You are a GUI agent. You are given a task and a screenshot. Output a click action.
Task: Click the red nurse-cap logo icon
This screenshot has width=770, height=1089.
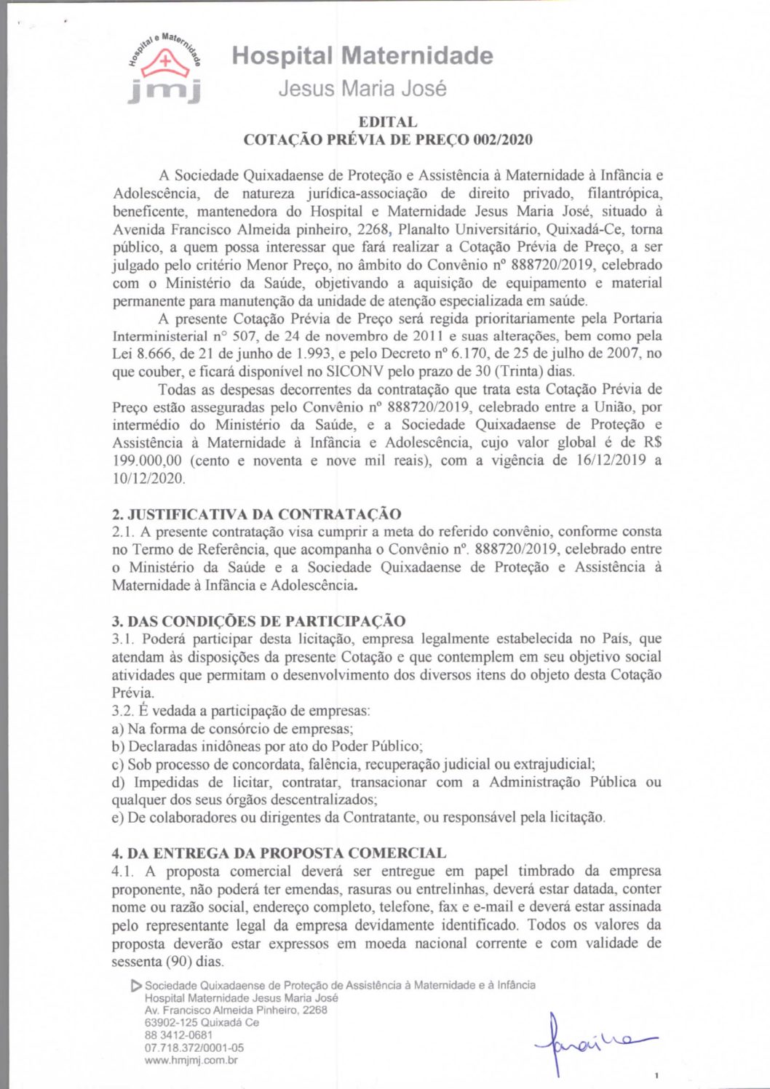tap(165, 63)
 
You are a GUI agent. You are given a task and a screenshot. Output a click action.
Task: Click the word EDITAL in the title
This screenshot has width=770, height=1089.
tap(387, 121)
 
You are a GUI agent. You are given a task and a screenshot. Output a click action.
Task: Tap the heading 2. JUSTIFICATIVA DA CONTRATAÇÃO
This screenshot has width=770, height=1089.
tap(256, 514)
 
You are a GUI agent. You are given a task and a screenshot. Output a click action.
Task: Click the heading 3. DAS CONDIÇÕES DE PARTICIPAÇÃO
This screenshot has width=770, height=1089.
tap(258, 621)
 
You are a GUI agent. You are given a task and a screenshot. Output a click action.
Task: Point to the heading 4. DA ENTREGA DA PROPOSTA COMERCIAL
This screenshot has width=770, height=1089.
tap(279, 853)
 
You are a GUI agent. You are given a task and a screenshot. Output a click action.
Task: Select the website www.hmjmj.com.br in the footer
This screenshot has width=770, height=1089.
tap(191, 1060)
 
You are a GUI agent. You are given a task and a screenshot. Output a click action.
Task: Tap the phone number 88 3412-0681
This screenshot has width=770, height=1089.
tap(178, 1034)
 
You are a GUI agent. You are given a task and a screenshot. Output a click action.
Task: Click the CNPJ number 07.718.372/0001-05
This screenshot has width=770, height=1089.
tap(194, 1048)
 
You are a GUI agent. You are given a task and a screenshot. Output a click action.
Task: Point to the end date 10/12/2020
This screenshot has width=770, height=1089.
tap(148, 478)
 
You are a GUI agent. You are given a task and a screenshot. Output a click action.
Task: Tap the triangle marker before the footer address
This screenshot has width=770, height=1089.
tap(135, 986)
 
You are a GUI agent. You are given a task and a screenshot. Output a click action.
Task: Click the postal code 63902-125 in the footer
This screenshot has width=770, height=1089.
tap(171, 1022)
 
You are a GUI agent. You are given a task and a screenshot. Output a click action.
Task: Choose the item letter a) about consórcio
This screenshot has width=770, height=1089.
tap(118, 728)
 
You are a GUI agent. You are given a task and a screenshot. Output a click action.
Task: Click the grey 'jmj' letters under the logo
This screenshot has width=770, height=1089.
tap(164, 92)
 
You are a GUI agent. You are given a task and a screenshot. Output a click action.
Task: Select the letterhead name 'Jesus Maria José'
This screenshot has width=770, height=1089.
tap(362, 89)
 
